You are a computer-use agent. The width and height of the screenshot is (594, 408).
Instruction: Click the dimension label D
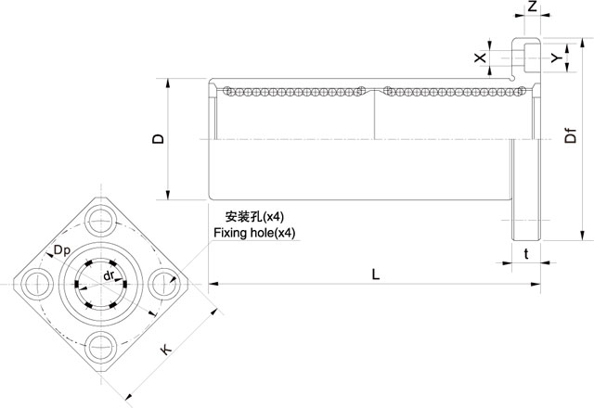pyautogui.click(x=159, y=139)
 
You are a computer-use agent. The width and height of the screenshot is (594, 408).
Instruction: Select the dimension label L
pyautogui.click(x=374, y=274)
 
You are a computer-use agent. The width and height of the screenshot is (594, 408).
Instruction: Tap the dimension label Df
pyautogui.click(x=571, y=139)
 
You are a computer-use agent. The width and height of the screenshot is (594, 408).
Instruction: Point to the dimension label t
pyautogui.click(x=527, y=253)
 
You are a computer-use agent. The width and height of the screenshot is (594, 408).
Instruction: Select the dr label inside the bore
pyautogui.click(x=109, y=275)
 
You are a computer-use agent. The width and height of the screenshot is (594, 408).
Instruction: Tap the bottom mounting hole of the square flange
pyautogui.click(x=100, y=351)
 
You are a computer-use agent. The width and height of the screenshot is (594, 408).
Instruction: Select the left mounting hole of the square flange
pyautogui.click(x=35, y=285)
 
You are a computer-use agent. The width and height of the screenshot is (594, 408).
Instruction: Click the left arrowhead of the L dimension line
pyautogui.click(x=212, y=283)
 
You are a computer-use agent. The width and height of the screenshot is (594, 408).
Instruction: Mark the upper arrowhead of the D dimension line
pyautogui.click(x=168, y=81)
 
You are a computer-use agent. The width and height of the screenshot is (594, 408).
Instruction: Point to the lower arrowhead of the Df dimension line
pyautogui.click(x=582, y=238)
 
